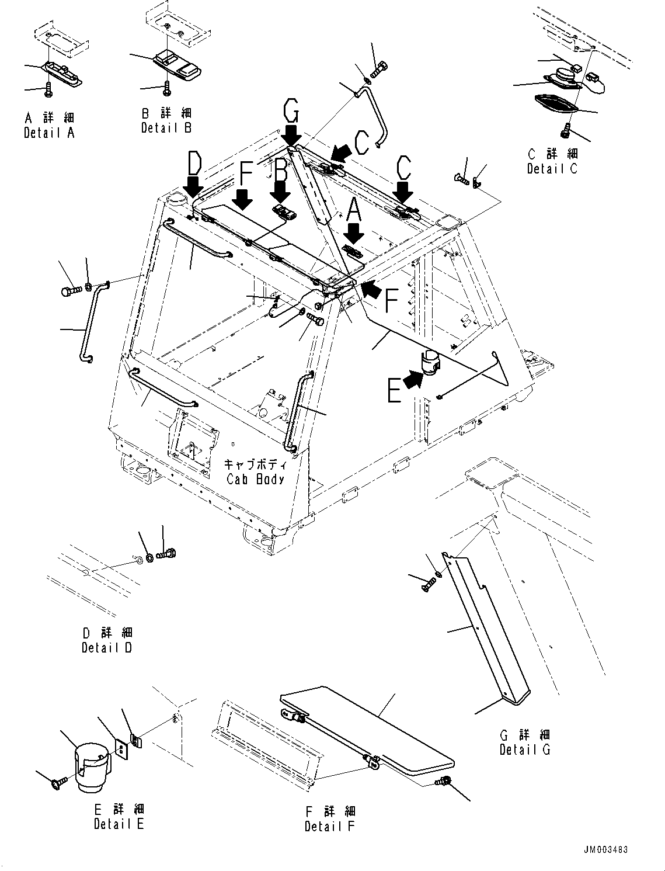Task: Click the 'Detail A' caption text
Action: click(49, 133)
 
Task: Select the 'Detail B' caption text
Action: click(166, 128)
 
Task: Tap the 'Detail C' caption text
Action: click(552, 169)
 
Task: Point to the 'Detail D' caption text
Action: click(107, 648)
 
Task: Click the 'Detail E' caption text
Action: click(119, 824)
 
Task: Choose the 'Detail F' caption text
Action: click(329, 827)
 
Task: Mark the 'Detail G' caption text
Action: click(525, 749)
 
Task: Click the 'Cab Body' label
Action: click(255, 479)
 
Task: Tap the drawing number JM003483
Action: click(605, 850)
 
